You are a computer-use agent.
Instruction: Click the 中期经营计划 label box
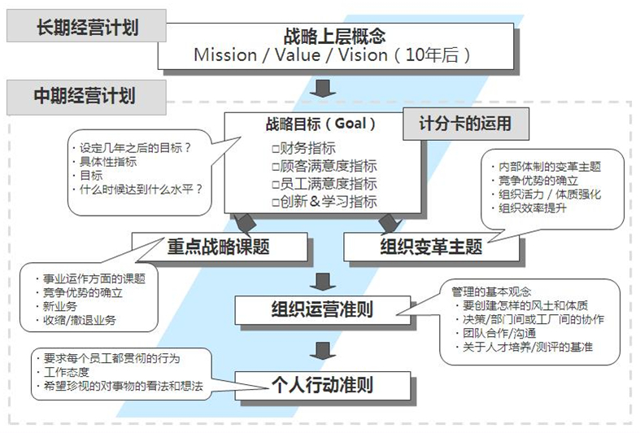click(x=85, y=97)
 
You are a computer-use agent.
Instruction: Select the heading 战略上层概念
click(x=333, y=37)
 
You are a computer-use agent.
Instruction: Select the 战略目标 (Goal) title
click(x=320, y=125)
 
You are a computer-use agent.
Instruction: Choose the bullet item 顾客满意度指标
click(x=325, y=166)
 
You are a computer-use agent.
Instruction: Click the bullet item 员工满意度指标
click(x=325, y=184)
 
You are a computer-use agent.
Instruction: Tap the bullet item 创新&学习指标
click(x=325, y=201)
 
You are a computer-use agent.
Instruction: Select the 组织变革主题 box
click(x=431, y=245)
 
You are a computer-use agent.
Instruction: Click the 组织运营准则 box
click(x=322, y=309)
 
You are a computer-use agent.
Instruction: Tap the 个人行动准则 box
click(x=322, y=383)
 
